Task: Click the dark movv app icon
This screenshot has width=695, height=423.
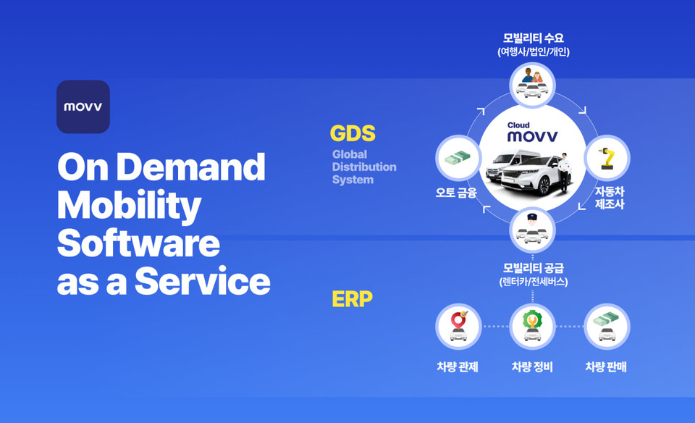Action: (x=83, y=106)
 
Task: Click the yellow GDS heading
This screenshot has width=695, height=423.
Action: (x=353, y=133)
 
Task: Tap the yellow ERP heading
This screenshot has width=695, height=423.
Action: (x=352, y=299)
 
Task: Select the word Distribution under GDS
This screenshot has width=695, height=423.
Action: (x=364, y=167)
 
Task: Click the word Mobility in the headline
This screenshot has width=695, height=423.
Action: (x=129, y=206)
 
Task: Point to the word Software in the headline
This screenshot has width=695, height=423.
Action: (x=138, y=243)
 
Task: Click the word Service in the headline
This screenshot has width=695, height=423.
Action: (x=202, y=281)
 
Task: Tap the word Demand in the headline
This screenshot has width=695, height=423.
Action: (x=190, y=167)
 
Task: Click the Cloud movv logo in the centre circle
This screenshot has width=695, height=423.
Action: (x=532, y=132)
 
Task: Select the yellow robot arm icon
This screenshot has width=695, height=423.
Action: (x=607, y=158)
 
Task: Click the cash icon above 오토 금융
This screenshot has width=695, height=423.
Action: (x=458, y=158)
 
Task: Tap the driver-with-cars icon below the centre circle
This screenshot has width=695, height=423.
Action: (x=532, y=230)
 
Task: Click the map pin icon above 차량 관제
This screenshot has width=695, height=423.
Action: (x=458, y=327)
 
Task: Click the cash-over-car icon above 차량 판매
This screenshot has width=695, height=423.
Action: (x=607, y=327)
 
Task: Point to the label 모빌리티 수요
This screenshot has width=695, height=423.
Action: (x=534, y=38)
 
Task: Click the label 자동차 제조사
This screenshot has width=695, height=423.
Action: (x=610, y=198)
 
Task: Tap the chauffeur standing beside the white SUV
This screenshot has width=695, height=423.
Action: (x=563, y=172)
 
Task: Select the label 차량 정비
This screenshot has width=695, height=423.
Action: (x=532, y=367)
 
